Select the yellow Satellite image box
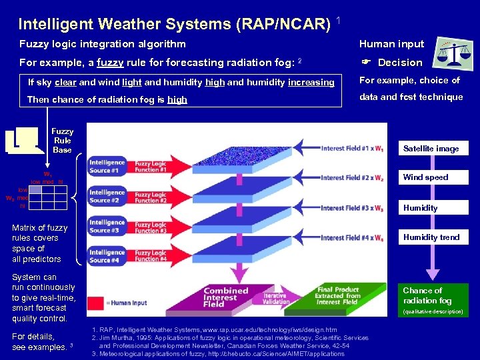(x=431, y=149)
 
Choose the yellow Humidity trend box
(x=431, y=237)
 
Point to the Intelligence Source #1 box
(x=107, y=166)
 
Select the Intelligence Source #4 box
(x=107, y=256)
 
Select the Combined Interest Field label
(x=225, y=297)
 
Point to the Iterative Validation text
(x=275, y=298)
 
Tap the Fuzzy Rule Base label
(x=62, y=141)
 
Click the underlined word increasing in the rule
(x=311, y=83)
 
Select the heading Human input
(x=391, y=44)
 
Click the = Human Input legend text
(x=127, y=303)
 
